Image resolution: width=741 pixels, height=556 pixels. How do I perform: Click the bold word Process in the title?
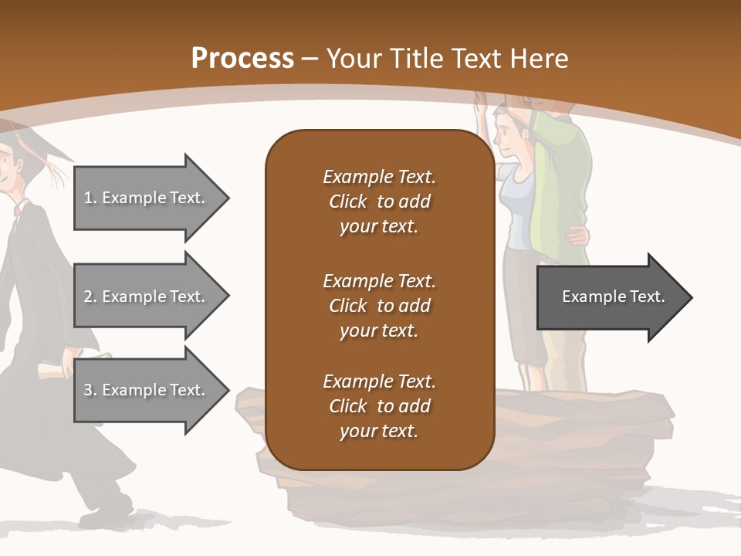(242, 59)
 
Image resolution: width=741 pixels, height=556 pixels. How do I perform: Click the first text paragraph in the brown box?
(379, 202)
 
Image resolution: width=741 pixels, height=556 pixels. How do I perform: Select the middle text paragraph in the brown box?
(379, 306)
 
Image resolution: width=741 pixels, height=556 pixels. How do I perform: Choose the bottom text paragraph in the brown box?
(379, 406)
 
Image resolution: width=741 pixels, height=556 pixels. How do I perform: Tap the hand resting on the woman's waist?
(576, 232)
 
